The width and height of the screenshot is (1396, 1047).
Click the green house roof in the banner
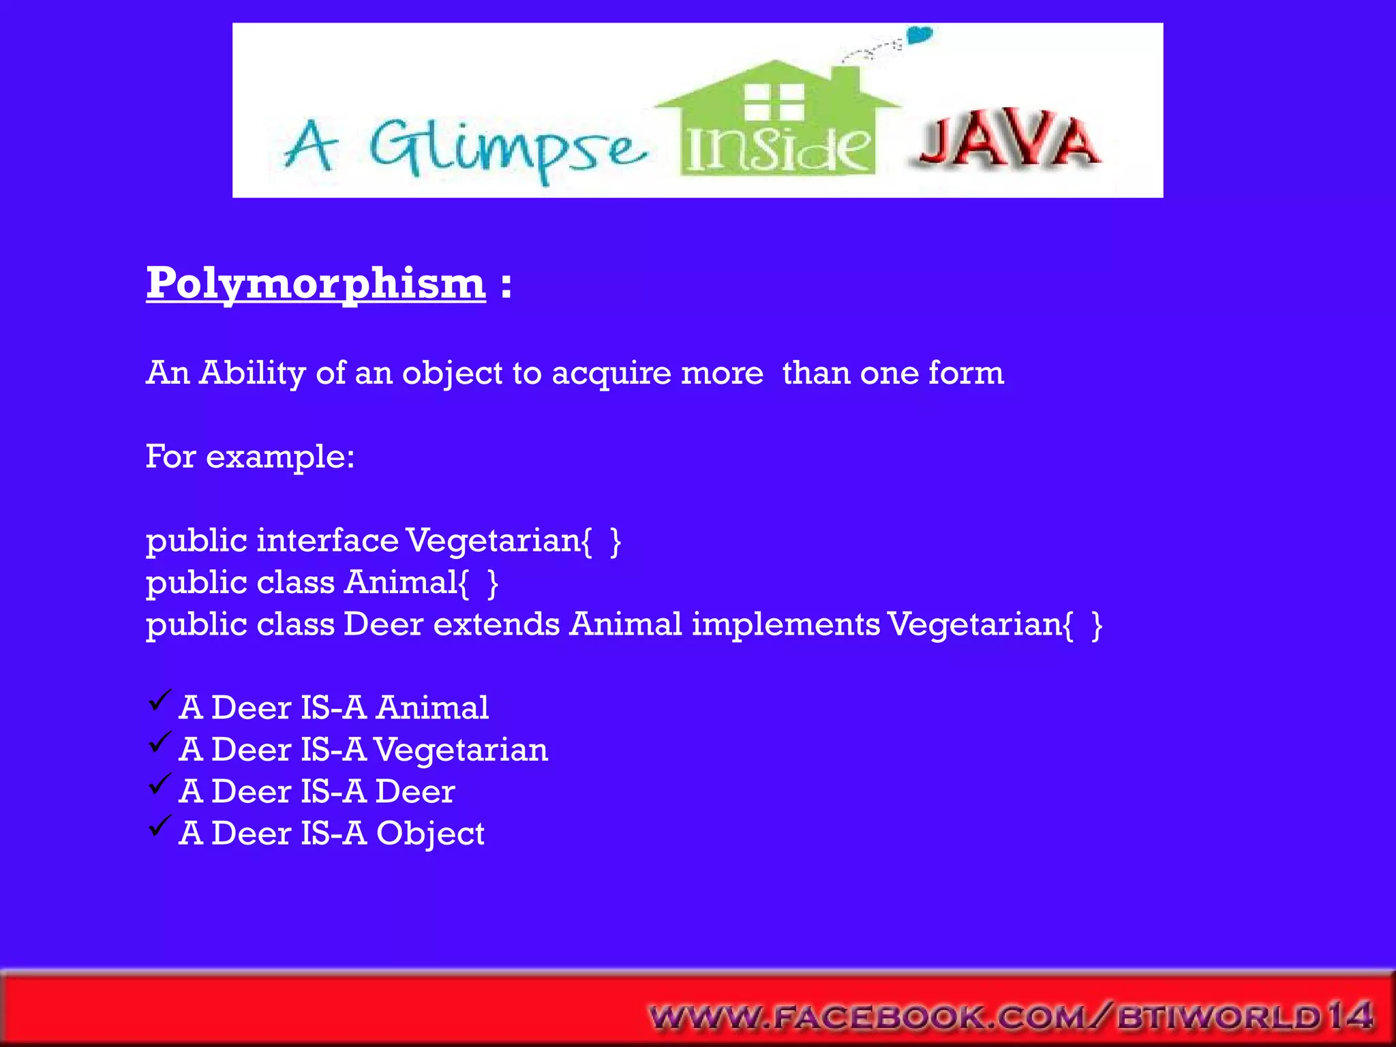[777, 89]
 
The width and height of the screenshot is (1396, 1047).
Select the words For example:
[250, 457]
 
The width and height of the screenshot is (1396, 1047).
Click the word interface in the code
[327, 541]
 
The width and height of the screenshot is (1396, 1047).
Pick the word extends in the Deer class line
[496, 624]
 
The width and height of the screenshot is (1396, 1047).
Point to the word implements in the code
[785, 624]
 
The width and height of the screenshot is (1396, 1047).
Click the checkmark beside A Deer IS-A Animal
[159, 700]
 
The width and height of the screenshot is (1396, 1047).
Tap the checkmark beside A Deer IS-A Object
[159, 826]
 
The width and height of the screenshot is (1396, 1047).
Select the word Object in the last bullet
[430, 834]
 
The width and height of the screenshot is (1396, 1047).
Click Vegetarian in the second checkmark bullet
[461, 750]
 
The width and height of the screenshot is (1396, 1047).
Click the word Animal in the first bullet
[432, 708]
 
